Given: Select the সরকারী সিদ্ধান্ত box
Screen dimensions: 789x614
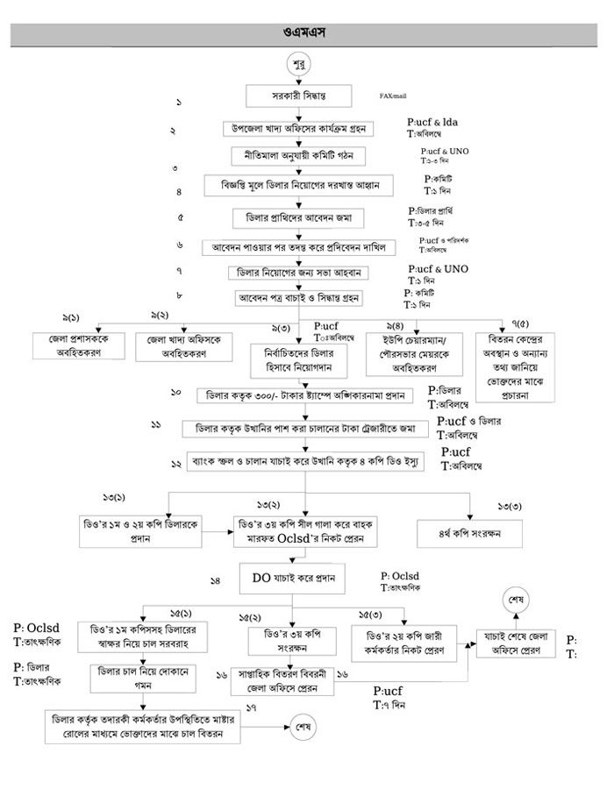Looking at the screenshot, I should (299, 96).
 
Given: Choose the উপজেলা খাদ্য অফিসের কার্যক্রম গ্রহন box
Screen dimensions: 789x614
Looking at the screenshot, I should (299, 128).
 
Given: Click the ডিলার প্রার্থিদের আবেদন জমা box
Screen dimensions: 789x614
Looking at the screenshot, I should (299, 216).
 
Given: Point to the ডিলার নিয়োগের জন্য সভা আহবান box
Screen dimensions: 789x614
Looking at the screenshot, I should (299, 272).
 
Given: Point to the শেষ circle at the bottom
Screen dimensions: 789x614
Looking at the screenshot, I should (306, 726).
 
